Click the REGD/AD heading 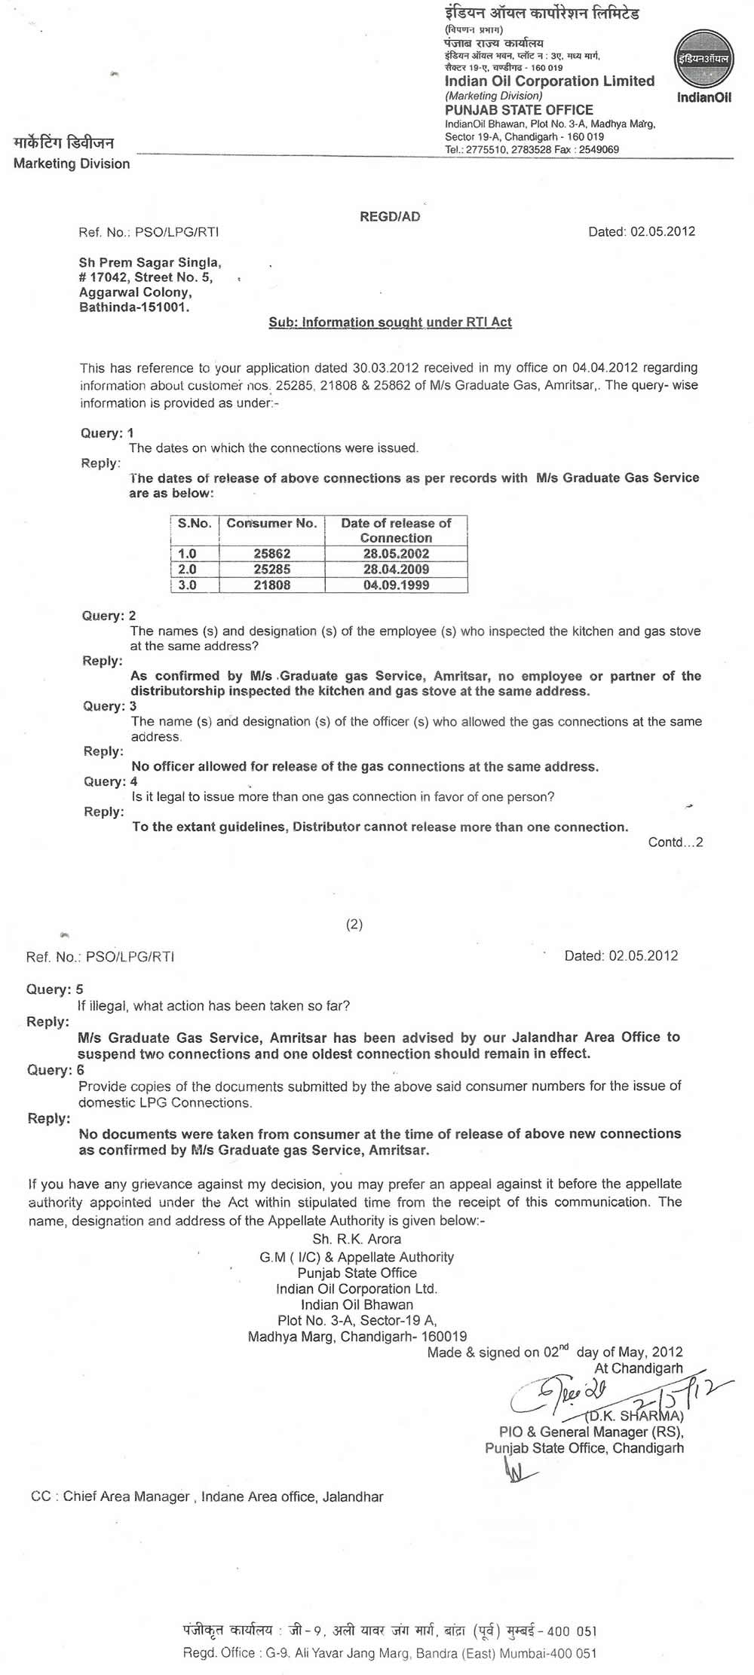390,216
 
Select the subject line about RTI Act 390,322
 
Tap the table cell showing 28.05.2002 396,554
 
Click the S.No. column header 195,524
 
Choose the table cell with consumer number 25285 272,570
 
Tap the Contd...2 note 675,842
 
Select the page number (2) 354,925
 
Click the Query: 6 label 55,1070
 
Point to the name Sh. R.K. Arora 357,1239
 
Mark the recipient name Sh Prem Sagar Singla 150,263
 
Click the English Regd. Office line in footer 389,1653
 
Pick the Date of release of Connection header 396,530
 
